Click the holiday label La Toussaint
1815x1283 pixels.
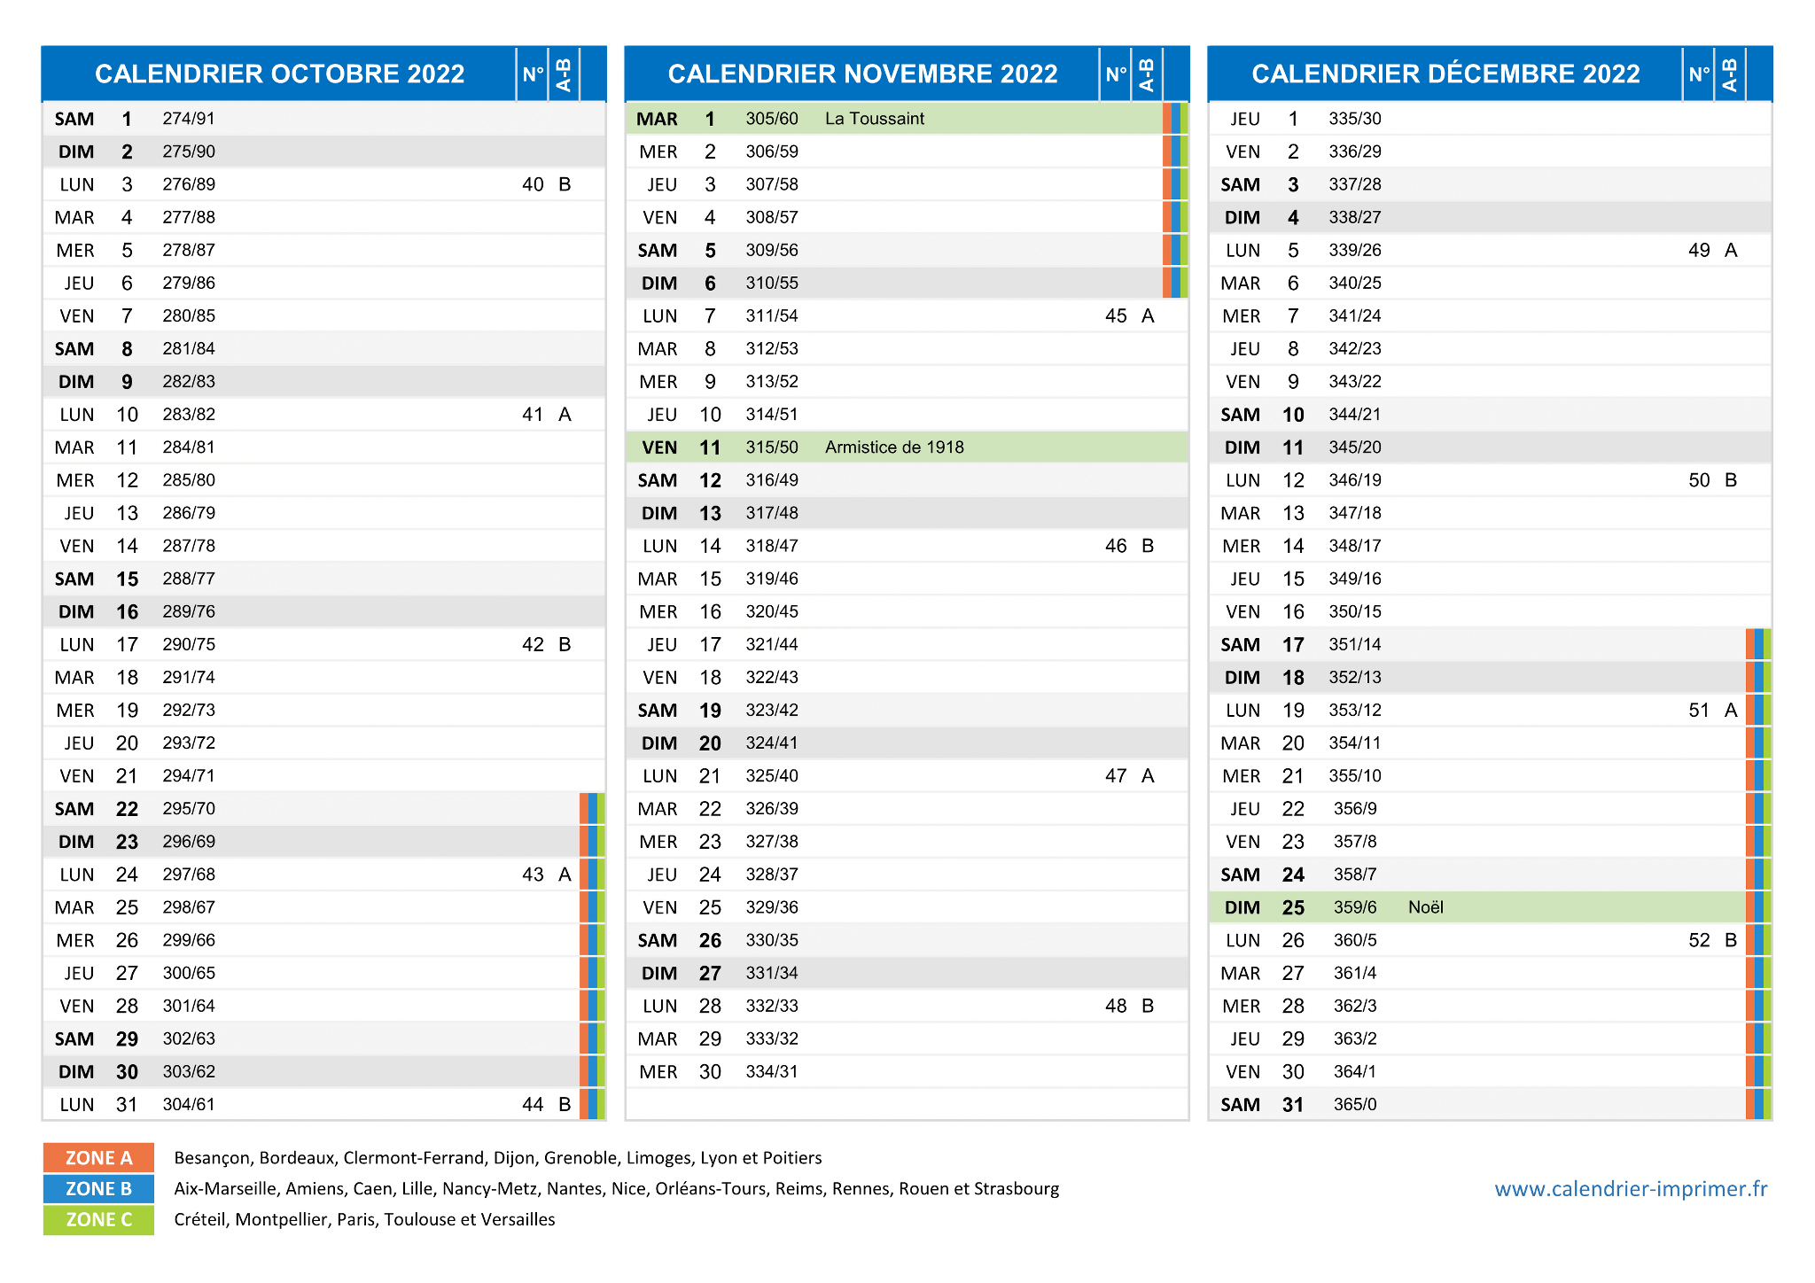click(x=874, y=119)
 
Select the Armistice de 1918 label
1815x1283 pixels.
click(x=894, y=447)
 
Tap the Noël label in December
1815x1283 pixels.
click(x=1426, y=907)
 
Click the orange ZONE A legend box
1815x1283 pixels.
click(x=98, y=1158)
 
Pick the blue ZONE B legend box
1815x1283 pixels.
click(x=98, y=1189)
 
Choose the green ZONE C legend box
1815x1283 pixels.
click(x=98, y=1220)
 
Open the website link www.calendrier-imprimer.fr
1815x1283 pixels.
click(x=1631, y=1189)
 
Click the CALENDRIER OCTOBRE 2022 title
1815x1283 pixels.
click(x=280, y=74)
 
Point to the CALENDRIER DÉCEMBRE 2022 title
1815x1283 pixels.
click(x=1446, y=74)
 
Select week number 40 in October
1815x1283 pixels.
click(x=533, y=184)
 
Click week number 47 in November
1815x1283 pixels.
click(x=1116, y=776)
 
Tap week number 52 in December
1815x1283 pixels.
click(x=1699, y=940)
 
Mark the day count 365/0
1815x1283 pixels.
click(x=1355, y=1105)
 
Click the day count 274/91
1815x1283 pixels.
click(x=189, y=119)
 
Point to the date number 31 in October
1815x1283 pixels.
click(x=127, y=1105)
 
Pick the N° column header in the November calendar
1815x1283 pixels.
click(x=1116, y=74)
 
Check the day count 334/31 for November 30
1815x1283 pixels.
click(x=772, y=1072)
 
